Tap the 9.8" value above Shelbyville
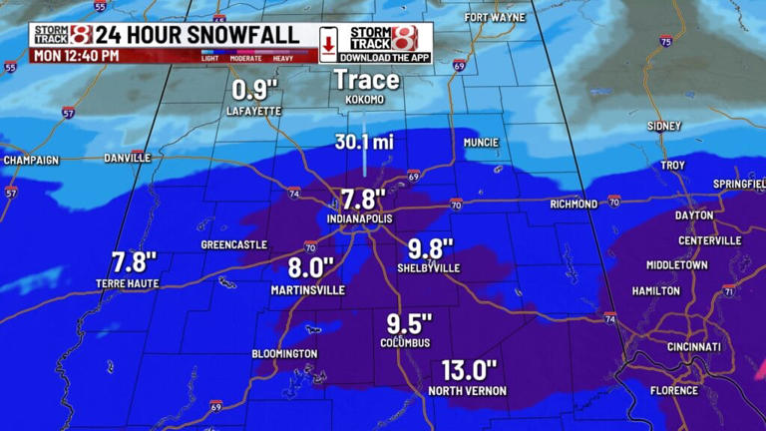pyautogui.click(x=431, y=248)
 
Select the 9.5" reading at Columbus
pyautogui.click(x=409, y=323)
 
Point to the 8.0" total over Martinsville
pyautogui.click(x=307, y=268)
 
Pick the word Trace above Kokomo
pyautogui.click(x=366, y=80)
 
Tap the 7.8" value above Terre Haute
pyautogui.click(x=134, y=262)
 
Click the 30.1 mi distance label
pyautogui.click(x=363, y=143)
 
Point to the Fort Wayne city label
pyautogui.click(x=496, y=18)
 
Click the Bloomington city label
pyautogui.click(x=284, y=354)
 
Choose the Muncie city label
pyautogui.click(x=481, y=143)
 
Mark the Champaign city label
pyautogui.click(x=31, y=160)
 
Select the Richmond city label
pyautogui.click(x=574, y=205)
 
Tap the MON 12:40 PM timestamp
pyautogui.click(x=76, y=56)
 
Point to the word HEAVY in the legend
pyautogui.click(x=283, y=58)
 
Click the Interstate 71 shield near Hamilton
pyautogui.click(x=729, y=291)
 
